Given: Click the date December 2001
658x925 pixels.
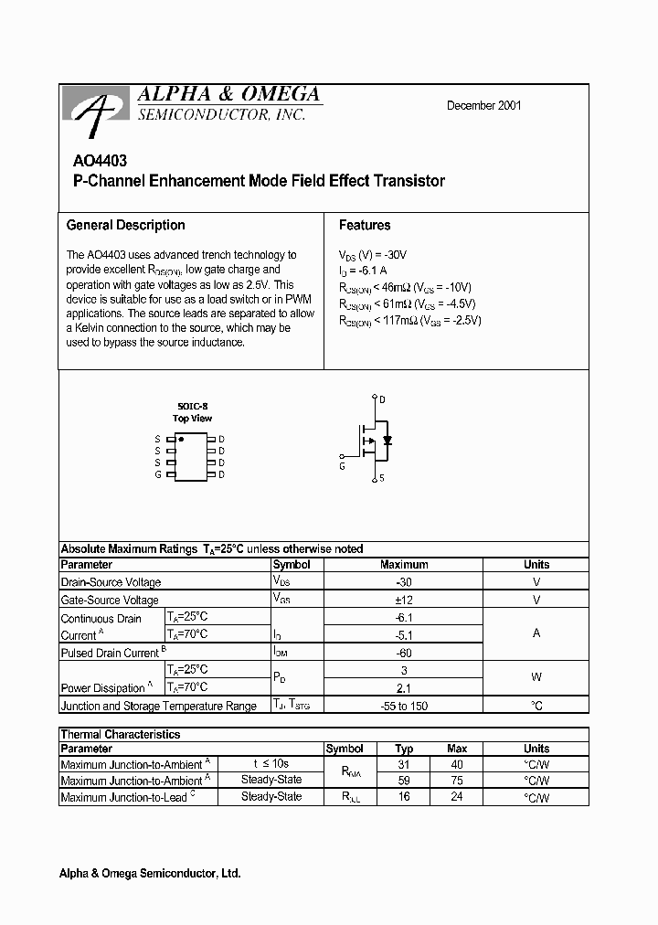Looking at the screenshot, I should (483, 105).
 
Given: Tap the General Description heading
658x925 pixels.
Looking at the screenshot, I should (125, 225).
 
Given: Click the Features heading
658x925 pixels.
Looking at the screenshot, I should (365, 225).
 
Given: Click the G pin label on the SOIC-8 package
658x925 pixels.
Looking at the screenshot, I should (158, 474).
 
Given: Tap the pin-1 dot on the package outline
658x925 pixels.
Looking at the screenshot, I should (182, 440).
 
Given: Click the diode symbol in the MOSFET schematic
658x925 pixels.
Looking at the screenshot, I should (387, 441).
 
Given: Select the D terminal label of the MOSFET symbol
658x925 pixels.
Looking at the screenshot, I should (382, 400).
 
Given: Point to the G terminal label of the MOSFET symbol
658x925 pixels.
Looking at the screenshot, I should (342, 466).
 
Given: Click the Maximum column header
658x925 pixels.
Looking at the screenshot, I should (404, 565).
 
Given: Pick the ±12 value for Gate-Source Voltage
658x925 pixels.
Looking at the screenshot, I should (404, 600).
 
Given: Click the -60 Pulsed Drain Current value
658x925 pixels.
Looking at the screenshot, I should (404, 653).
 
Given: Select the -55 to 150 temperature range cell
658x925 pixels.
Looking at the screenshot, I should (404, 706).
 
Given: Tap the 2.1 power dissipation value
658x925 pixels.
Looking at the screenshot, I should (404, 687).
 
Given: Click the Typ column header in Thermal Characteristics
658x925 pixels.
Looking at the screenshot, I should (404, 749).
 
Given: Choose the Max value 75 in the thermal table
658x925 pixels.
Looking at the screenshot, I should (457, 781).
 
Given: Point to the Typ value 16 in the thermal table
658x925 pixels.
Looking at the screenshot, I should (404, 797).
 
